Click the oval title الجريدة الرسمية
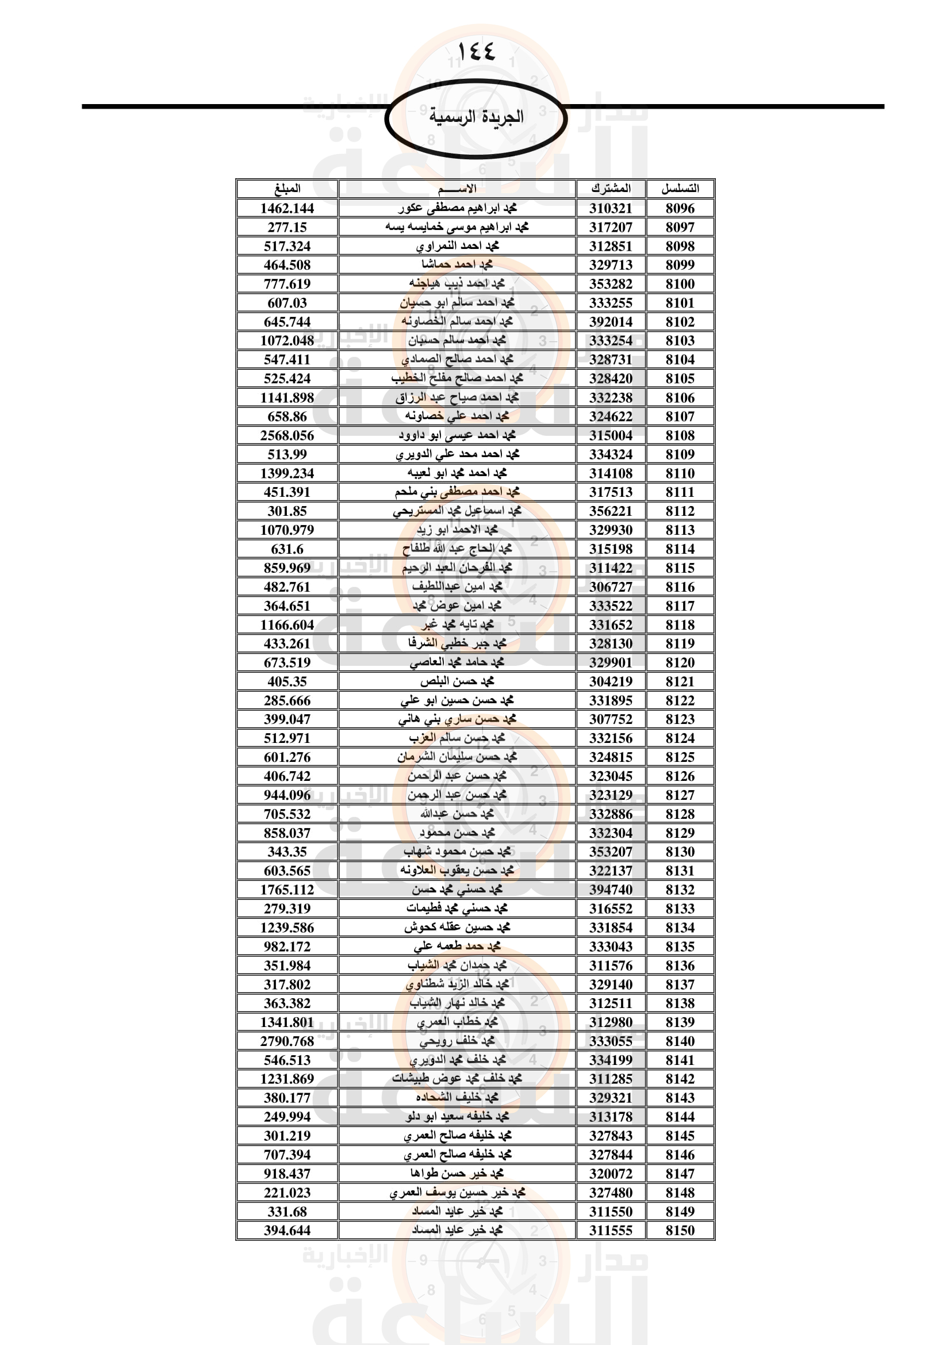(475, 117)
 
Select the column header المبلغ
(287, 189)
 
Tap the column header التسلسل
(680, 189)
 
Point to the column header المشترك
(611, 189)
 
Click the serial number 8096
(680, 209)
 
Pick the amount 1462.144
(287, 209)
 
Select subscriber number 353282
(611, 284)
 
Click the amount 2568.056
(287, 436)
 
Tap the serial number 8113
(680, 530)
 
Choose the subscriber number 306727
(611, 587)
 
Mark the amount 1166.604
(287, 625)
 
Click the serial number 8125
(680, 757)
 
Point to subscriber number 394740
(611, 890)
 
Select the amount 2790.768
(287, 1041)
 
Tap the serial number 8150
(680, 1230)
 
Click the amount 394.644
(287, 1230)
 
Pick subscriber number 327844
(611, 1155)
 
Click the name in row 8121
(457, 681)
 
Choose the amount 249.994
(287, 1117)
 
